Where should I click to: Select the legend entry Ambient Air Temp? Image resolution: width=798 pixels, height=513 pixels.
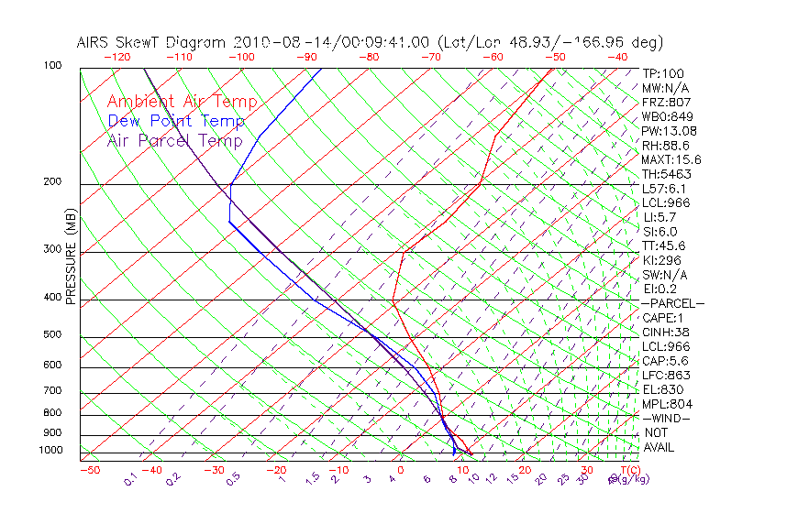[182, 103]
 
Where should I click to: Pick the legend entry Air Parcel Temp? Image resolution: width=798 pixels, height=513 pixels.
[174, 141]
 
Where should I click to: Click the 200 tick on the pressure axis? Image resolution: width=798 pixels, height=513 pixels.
[51, 182]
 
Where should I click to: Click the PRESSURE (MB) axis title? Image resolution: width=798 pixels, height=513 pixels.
[71, 256]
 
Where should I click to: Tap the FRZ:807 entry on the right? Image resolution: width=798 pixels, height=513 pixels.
[663, 103]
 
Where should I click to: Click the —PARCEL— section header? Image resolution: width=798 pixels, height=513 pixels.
[672, 303]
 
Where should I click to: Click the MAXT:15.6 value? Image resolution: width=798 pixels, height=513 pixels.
[671, 160]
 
